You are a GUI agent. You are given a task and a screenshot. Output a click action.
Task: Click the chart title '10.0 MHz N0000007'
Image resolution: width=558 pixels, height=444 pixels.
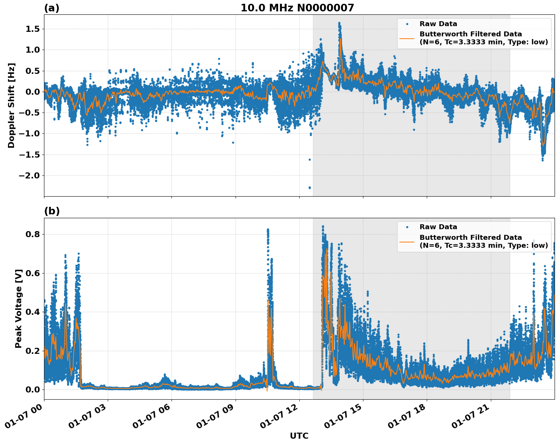297,8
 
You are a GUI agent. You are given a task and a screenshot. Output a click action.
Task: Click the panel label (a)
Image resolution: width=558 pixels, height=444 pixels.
52,8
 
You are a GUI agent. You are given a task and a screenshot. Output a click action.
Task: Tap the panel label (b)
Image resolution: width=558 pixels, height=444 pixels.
52,211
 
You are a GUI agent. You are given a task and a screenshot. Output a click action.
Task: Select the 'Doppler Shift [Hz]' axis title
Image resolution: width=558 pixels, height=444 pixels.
11,105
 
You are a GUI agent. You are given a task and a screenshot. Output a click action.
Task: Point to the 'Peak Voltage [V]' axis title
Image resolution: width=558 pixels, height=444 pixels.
19,308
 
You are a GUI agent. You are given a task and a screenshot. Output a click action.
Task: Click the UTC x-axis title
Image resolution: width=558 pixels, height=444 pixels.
299,436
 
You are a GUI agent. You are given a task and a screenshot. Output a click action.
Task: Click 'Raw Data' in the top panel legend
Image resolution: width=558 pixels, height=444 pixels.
438,24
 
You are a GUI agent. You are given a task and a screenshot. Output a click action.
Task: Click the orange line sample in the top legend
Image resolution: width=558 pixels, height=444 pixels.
407,38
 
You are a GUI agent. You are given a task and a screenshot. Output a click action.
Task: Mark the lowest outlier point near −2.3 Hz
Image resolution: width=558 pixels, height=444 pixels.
310,188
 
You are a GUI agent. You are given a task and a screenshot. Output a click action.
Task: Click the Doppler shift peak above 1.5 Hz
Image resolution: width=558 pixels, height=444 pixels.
339,23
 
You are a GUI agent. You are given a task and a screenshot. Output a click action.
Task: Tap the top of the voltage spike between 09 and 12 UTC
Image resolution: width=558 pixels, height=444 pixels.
267,230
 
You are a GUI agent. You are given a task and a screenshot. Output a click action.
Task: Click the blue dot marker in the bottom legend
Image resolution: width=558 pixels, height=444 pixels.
407,227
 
